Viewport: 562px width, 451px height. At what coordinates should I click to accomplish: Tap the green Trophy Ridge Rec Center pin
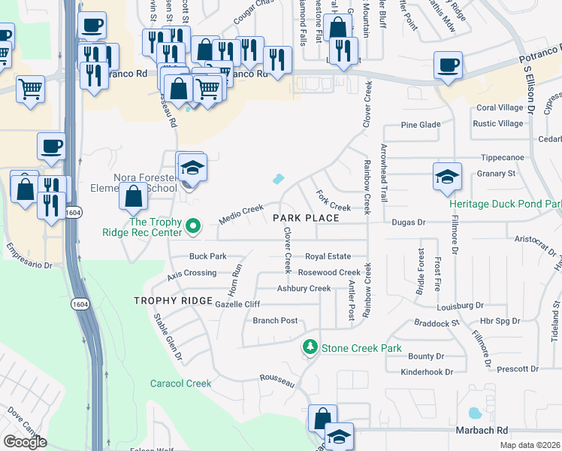[x=193, y=225]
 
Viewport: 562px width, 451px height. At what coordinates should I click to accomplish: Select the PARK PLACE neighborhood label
[x=306, y=218]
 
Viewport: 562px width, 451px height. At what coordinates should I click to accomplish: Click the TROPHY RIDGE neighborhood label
[x=174, y=301]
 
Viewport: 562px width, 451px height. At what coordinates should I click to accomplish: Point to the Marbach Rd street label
[x=482, y=431]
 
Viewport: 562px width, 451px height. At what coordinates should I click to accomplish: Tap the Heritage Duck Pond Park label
[x=505, y=204]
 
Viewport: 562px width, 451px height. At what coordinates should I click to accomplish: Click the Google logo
[x=25, y=441]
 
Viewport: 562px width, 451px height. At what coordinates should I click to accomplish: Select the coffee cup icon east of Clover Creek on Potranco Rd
[x=449, y=66]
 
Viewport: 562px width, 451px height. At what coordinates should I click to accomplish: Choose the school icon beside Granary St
[x=447, y=177]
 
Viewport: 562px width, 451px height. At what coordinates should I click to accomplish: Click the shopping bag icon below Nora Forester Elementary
[x=133, y=198]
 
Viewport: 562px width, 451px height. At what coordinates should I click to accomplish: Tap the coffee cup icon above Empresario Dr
[x=51, y=147]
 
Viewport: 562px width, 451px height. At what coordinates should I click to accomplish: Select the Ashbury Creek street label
[x=304, y=289]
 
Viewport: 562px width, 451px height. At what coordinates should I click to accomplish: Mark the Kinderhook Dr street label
[x=427, y=371]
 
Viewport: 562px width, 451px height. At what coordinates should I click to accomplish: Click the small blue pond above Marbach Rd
[x=474, y=413]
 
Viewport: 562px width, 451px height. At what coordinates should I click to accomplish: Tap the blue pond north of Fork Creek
[x=278, y=179]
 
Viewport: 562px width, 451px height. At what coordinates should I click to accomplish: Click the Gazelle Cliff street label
[x=237, y=304]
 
